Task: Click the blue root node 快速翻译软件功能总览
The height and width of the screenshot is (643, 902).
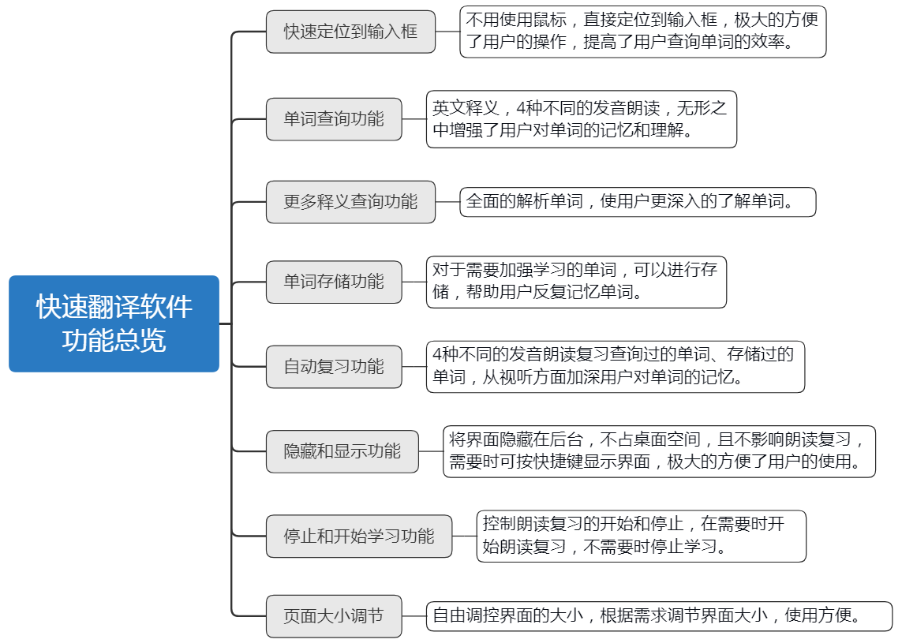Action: pyautogui.click(x=114, y=323)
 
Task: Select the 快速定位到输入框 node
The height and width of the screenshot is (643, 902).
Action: pyautogui.click(x=350, y=32)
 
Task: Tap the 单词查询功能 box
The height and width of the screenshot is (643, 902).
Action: pyautogui.click(x=334, y=119)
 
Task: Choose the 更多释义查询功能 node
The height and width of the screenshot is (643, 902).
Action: pyautogui.click(x=350, y=202)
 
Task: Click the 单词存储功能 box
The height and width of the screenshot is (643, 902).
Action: pyautogui.click(x=334, y=282)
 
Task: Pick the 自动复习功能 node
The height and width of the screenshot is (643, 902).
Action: pyautogui.click(x=334, y=367)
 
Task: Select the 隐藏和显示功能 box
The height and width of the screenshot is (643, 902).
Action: pyautogui.click(x=342, y=451)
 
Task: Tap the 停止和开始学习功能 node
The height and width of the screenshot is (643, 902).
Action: pyautogui.click(x=359, y=536)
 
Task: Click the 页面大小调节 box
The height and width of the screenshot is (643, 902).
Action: pyautogui.click(x=334, y=616)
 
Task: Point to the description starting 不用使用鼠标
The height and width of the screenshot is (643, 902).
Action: pyautogui.click(x=642, y=32)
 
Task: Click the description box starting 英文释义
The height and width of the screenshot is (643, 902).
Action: pyautogui.click(x=581, y=119)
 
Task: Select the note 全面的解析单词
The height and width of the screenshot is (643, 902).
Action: pyautogui.click(x=637, y=202)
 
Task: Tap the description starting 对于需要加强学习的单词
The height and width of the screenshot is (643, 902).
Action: pyautogui.click(x=575, y=282)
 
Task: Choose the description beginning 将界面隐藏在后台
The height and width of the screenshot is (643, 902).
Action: pyautogui.click(x=659, y=451)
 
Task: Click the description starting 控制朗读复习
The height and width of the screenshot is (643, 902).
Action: pyautogui.click(x=641, y=536)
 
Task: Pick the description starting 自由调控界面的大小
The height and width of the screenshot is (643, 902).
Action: pyautogui.click(x=659, y=616)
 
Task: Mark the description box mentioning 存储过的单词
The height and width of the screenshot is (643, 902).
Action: pyautogui.click(x=615, y=367)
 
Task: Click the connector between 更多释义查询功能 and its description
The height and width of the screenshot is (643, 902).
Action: pyautogui.click(x=447, y=202)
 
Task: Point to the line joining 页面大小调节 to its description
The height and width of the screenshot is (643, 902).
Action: pyautogui.click(x=414, y=616)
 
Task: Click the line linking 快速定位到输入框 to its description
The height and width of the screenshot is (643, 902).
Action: pyautogui.click(x=447, y=32)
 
